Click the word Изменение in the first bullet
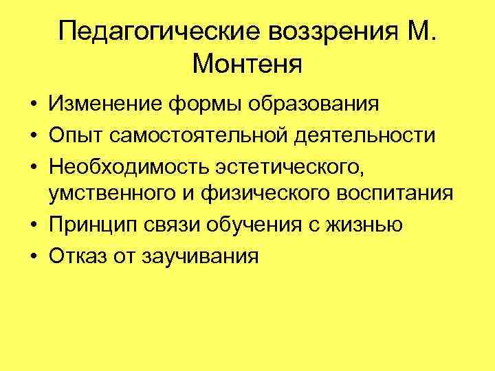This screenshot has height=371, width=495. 104,105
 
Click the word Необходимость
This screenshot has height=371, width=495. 131,166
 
